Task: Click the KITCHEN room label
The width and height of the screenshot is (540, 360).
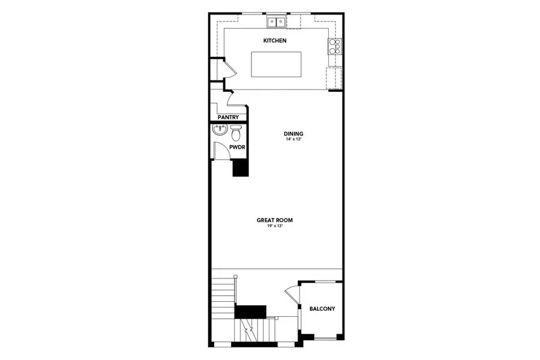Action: [275, 41]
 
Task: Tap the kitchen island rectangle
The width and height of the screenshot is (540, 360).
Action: [277, 64]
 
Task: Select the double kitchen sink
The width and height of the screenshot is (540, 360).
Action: [276, 22]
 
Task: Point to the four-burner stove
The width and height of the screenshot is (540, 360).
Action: [334, 46]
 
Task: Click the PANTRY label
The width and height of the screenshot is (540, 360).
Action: [229, 118]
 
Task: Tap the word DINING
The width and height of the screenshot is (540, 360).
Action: [294, 133]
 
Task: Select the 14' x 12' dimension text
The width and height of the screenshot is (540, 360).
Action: [294, 139]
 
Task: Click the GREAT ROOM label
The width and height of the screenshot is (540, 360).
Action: [275, 220]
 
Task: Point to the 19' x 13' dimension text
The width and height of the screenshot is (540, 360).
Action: [275, 226]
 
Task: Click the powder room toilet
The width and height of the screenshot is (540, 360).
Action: [235, 132]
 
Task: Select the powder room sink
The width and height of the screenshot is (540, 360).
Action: [218, 130]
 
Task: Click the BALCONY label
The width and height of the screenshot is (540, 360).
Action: [322, 309]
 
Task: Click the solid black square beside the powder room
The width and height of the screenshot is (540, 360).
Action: [241, 168]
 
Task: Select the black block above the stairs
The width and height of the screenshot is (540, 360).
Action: [250, 311]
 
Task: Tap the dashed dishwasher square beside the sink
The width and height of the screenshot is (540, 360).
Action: [293, 22]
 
